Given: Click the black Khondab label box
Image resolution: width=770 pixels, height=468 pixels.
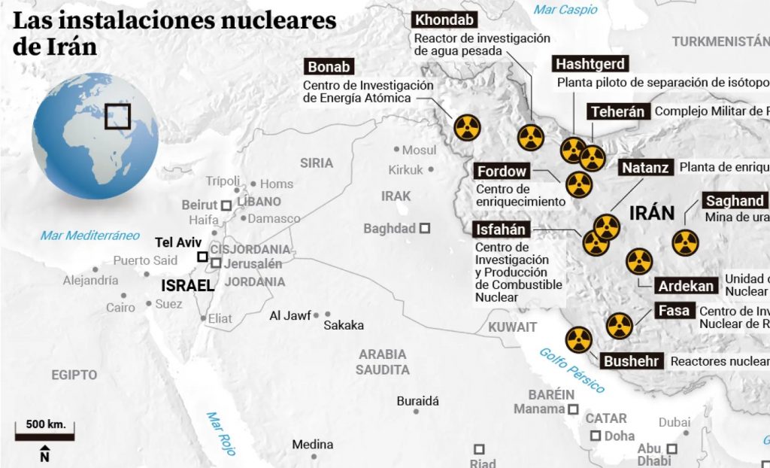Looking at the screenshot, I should point(444,20).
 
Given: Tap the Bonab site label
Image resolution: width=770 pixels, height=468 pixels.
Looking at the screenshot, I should point(329,66).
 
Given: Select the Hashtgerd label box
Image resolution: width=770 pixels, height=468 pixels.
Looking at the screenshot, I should point(590,64).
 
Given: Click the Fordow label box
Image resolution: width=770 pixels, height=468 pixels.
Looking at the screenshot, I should point(502,172).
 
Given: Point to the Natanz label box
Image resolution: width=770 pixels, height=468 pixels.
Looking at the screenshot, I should point(645,168).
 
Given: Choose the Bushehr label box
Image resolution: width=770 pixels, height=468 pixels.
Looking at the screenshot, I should point(632,361).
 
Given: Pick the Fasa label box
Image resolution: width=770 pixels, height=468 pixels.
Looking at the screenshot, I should point(674,311).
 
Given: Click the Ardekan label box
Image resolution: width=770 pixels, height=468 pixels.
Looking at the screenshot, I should point(686,286).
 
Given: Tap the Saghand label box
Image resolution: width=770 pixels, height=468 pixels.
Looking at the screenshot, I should point(734,201).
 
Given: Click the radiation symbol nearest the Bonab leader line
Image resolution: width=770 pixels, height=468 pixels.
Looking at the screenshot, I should point(466,127).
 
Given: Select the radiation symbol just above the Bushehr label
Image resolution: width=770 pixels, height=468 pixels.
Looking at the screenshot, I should point(577,339).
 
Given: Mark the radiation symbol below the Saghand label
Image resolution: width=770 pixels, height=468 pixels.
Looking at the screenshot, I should point(685,242).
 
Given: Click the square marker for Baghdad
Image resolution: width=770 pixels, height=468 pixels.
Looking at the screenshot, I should point(426,228).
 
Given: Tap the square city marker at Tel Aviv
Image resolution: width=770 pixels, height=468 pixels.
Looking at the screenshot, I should point(202,257).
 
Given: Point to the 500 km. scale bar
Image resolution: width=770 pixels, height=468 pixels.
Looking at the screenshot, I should point(45,433).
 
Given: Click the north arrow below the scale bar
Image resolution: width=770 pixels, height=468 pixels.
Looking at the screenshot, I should point(44,454).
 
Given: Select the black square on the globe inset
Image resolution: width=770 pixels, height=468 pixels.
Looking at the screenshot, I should point(117,117).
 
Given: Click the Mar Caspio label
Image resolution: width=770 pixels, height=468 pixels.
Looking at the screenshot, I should point(565,9).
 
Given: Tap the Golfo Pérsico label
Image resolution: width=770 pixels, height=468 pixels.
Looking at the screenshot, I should point(571,369).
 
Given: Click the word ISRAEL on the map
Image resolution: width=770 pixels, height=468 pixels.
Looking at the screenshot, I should point(188,286).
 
